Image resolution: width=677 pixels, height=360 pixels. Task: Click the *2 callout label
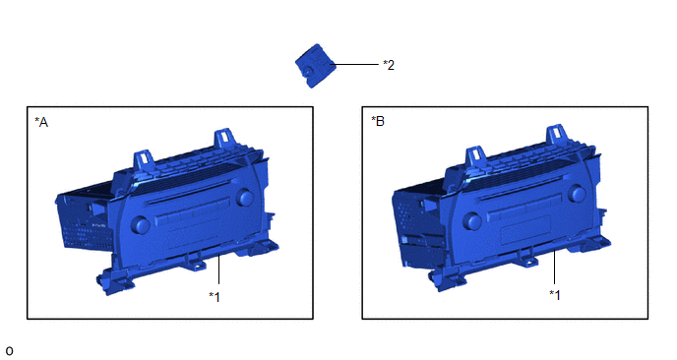[389, 65]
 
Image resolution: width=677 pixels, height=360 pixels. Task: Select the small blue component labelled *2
[314, 66]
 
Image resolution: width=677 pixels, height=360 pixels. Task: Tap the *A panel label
[41, 123]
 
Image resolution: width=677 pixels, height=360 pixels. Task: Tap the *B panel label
[378, 121]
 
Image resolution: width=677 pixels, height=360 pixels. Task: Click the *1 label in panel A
[215, 297]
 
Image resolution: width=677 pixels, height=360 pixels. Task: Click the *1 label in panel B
[555, 295]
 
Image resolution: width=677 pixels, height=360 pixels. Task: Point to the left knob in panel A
[141, 224]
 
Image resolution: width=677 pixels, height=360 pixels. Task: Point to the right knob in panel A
[245, 197]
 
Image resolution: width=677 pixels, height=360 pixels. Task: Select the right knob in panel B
[578, 194]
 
